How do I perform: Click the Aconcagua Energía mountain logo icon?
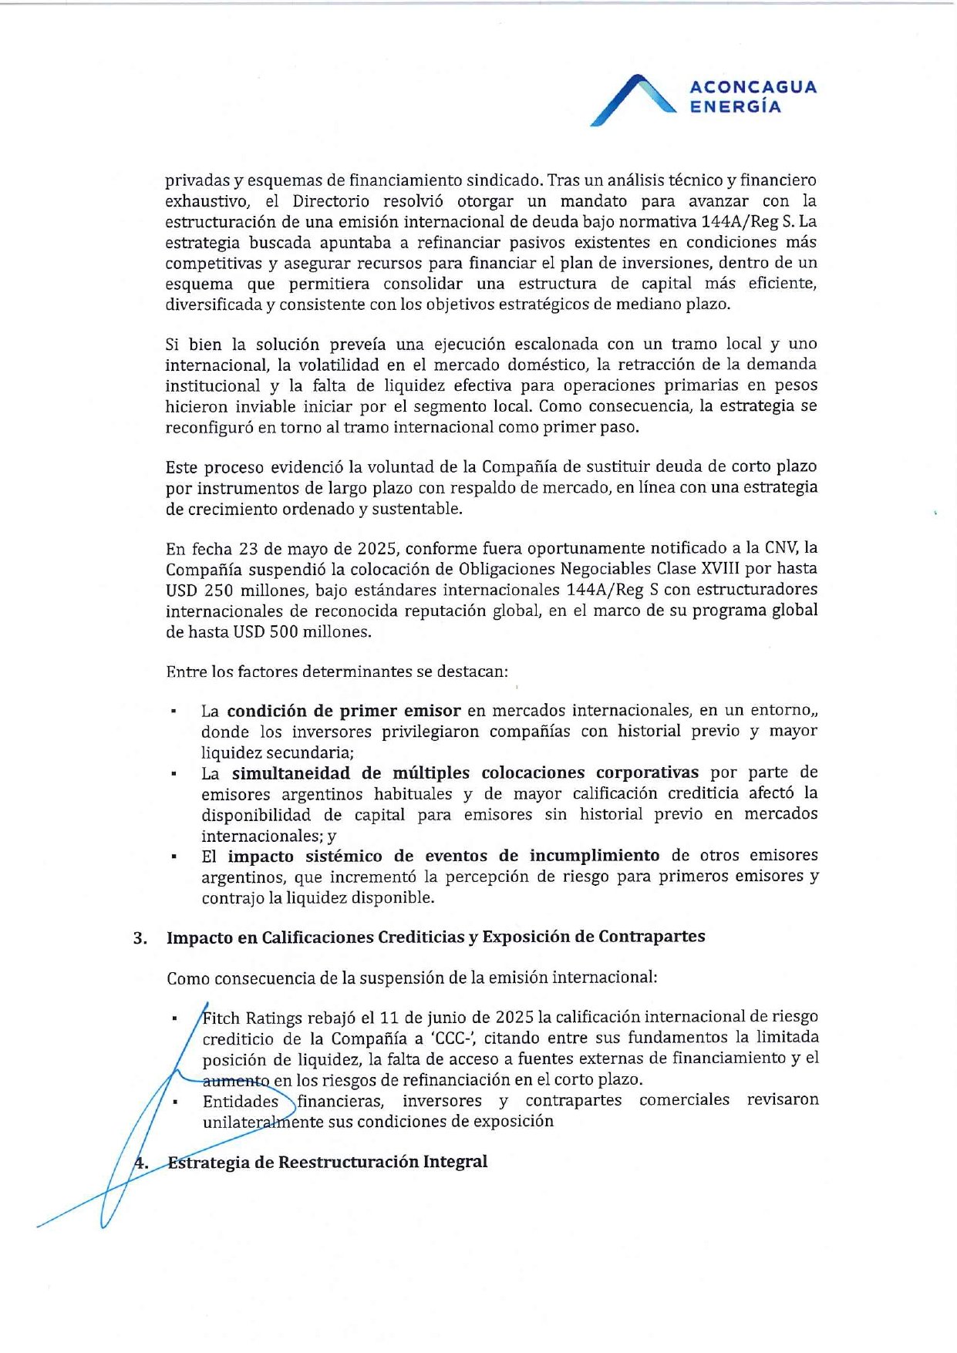point(632,99)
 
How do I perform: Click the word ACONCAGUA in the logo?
point(753,86)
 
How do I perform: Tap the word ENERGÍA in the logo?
point(735,107)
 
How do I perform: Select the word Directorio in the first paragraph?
point(331,201)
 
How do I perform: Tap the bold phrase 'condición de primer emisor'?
point(344,711)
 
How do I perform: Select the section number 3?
point(140,938)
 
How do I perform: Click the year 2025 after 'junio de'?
point(516,1018)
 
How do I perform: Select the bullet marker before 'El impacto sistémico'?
point(176,857)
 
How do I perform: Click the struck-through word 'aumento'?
point(236,1081)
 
